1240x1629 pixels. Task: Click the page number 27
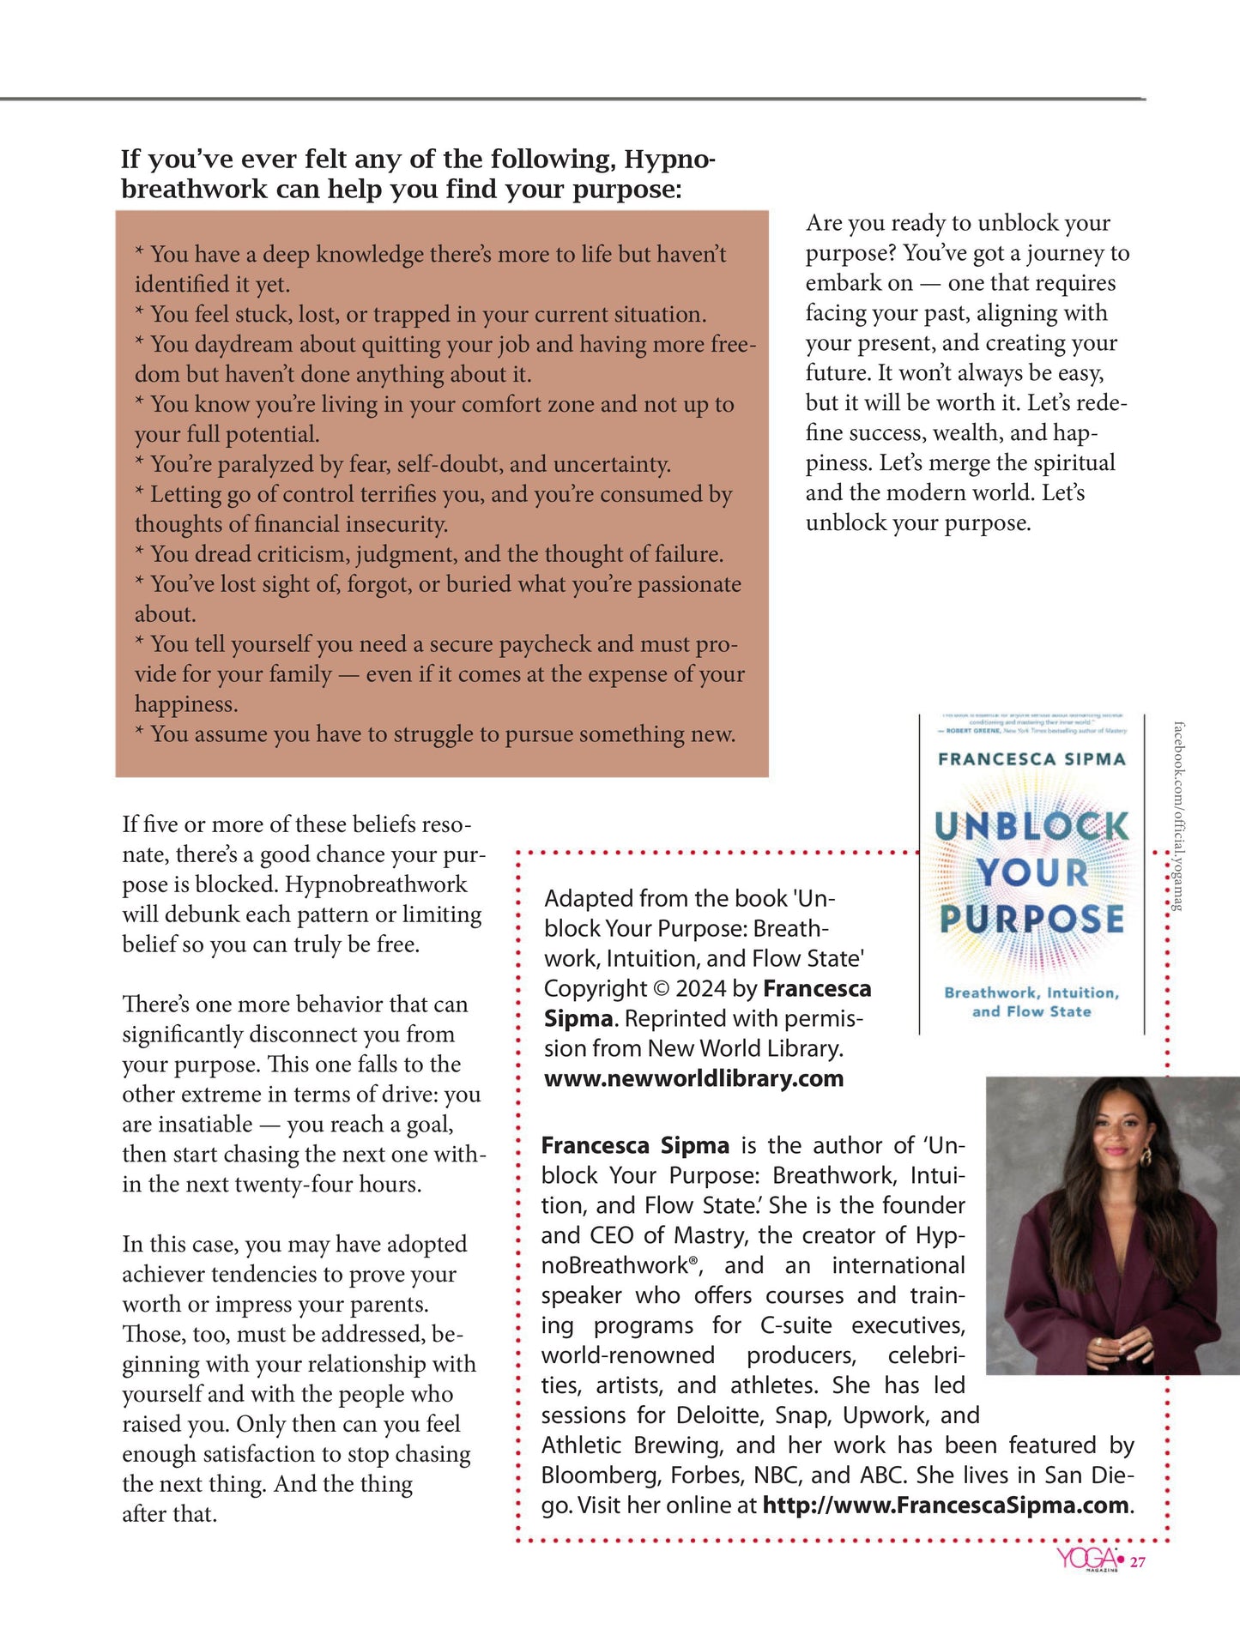[x=1137, y=1562]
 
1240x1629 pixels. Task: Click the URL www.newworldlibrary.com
[x=693, y=1078]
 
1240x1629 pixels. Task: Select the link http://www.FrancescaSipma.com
[x=946, y=1505]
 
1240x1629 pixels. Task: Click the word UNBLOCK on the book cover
[x=1031, y=826]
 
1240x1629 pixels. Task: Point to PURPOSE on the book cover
[x=1031, y=919]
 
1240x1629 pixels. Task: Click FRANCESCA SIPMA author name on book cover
[x=1031, y=759]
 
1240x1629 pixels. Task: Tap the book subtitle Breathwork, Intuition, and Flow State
[x=1031, y=1002]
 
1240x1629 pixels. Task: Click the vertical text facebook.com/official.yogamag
[x=1178, y=815]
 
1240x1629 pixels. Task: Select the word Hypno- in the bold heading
[x=669, y=159]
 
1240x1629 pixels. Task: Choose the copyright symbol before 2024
[x=661, y=989]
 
